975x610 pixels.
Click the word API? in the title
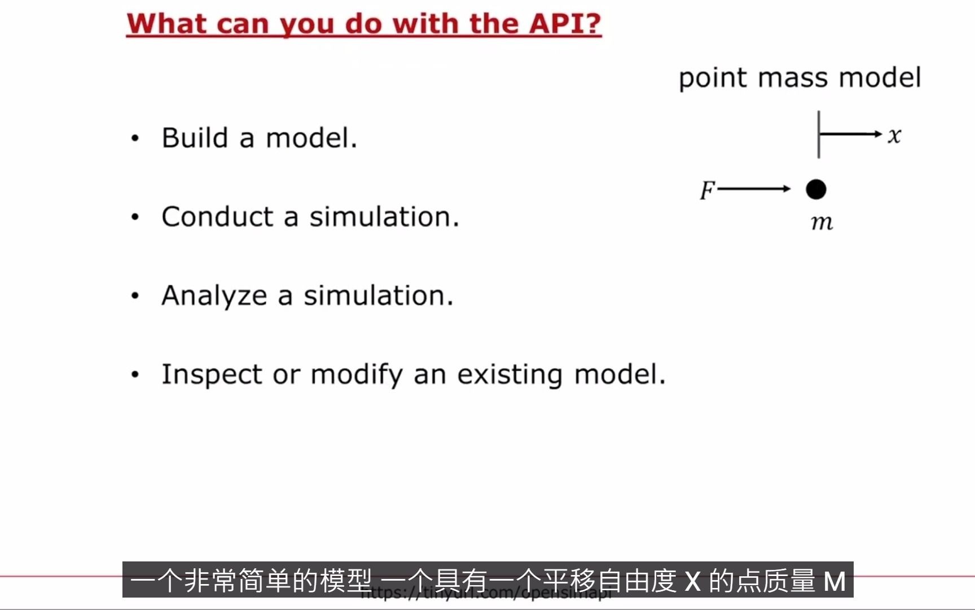pyautogui.click(x=565, y=24)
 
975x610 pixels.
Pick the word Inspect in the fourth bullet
pyautogui.click(x=212, y=375)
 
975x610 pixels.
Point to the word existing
pyautogui.click(x=510, y=375)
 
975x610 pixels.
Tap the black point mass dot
pyautogui.click(x=816, y=189)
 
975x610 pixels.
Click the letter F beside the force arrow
pyautogui.click(x=707, y=190)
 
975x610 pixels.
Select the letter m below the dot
pyautogui.click(x=822, y=223)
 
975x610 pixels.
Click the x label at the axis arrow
pyautogui.click(x=894, y=136)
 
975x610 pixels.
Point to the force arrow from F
pyautogui.click(x=754, y=189)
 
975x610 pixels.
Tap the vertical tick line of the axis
pyautogui.click(x=819, y=134)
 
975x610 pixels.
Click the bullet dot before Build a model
pyautogui.click(x=135, y=138)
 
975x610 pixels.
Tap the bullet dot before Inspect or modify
pyautogui.click(x=135, y=374)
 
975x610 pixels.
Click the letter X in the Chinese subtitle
pyautogui.click(x=692, y=581)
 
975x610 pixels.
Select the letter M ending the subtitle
pyautogui.click(x=835, y=581)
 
